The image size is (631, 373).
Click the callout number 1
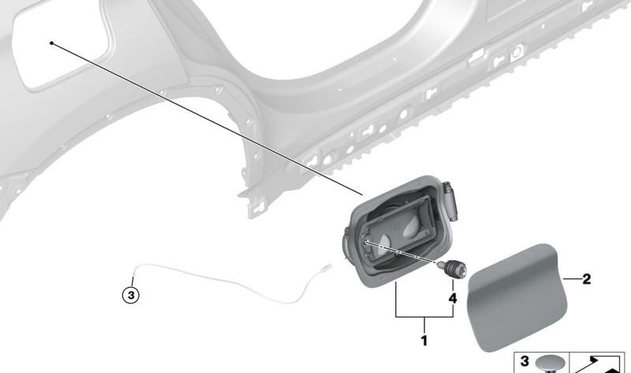pyautogui.click(x=424, y=341)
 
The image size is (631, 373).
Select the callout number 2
pyautogui.click(x=586, y=279)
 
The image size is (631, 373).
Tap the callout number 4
pyautogui.click(x=453, y=299)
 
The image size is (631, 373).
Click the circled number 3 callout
pyautogui.click(x=131, y=296)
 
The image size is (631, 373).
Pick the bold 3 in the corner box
pyautogui.click(x=525, y=361)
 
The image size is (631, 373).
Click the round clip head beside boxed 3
pyautogui.click(x=549, y=364)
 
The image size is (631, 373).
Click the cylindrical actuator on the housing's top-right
pyautogui.click(x=451, y=201)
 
